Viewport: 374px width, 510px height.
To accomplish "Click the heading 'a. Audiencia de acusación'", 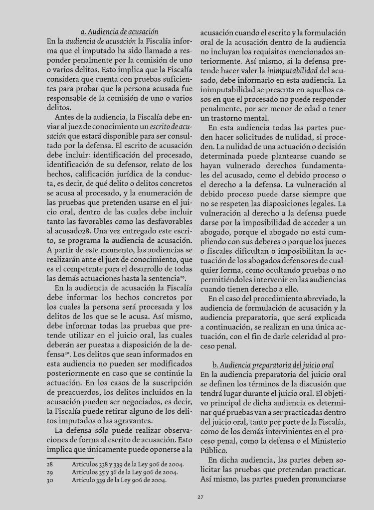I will click(119, 31).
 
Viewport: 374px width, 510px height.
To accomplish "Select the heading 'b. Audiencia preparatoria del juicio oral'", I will click(273, 365).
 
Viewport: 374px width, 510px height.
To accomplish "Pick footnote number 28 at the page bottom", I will click(50, 463).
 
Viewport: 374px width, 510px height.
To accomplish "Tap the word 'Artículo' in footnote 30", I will click(85, 481).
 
